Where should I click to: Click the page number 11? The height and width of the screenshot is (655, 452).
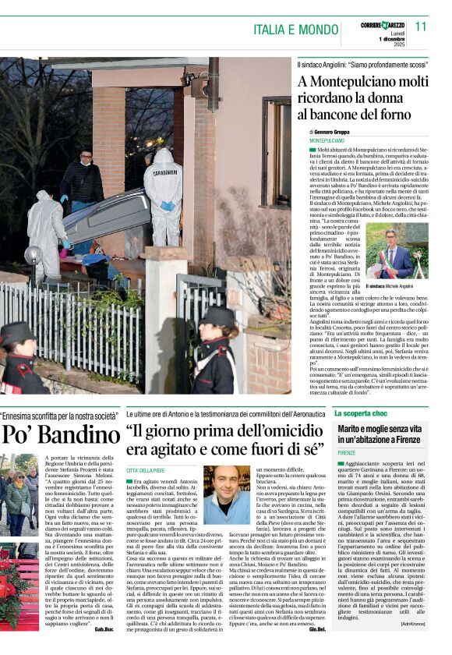click(x=421, y=26)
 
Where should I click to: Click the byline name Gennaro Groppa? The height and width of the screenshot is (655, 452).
click(x=334, y=132)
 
